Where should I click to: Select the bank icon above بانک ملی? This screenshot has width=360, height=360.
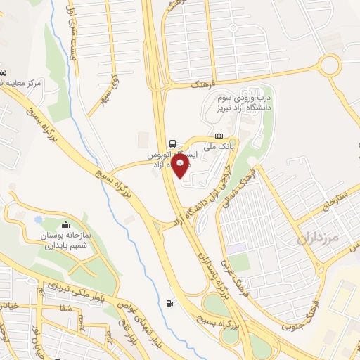219,136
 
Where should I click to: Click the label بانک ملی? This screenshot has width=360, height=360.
217,148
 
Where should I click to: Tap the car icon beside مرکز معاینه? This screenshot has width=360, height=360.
4,72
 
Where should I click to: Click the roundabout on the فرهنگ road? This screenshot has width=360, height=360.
328,67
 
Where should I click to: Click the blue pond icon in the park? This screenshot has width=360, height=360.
37,221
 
